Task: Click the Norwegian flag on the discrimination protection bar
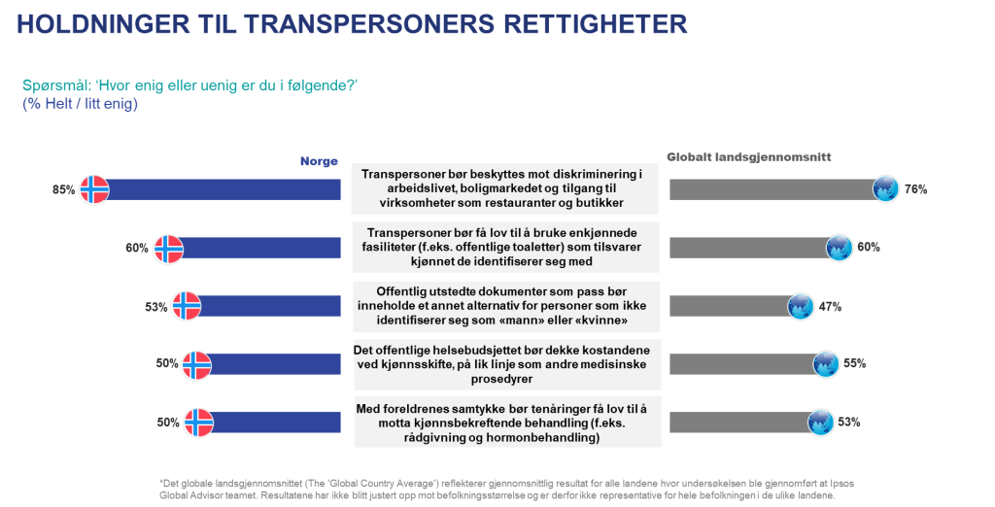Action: (93, 189)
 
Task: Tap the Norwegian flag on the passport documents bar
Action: (185, 306)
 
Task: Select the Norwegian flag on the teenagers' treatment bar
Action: (198, 422)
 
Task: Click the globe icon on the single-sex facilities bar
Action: (839, 248)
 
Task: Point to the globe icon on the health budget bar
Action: (825, 364)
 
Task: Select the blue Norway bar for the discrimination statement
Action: (224, 189)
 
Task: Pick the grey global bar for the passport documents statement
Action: (728, 306)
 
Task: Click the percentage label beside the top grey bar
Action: (915, 189)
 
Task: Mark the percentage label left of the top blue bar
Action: (63, 190)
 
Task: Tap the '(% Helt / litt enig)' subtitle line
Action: (79, 103)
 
